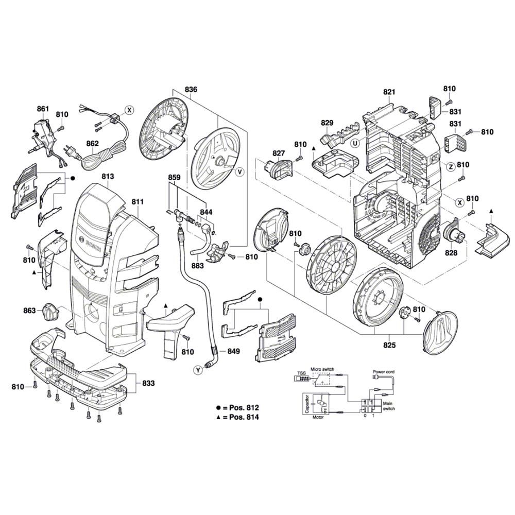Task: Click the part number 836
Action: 191,90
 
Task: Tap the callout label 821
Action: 389,92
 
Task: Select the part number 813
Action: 107,177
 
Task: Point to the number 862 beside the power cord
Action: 92,145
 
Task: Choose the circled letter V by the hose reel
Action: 239,171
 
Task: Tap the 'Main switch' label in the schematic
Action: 389,405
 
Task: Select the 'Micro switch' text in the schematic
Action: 322,370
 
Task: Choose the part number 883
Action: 197,266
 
